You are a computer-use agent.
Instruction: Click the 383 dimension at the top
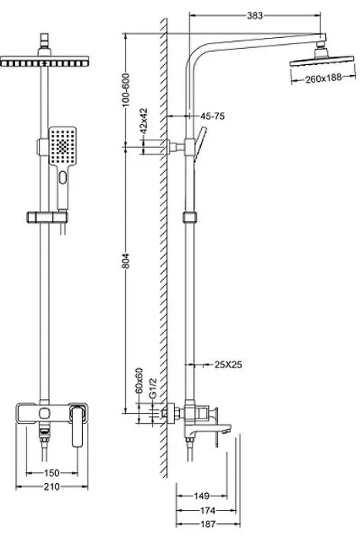[x=254, y=15]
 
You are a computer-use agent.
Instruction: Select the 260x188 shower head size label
[x=324, y=79]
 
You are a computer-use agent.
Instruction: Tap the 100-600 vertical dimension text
[x=126, y=90]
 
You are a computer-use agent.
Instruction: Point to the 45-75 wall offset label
[x=213, y=117]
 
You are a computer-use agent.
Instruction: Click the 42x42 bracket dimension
[x=144, y=121]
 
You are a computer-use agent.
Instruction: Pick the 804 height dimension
[x=126, y=261]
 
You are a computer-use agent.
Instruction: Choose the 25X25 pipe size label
[x=228, y=365]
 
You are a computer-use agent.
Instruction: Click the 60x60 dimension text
[x=139, y=381]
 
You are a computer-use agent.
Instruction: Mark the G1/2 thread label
[x=153, y=388]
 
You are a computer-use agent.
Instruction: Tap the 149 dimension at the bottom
[x=202, y=496]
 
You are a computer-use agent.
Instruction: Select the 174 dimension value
[x=208, y=511]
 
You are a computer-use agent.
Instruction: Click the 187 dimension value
[x=208, y=524]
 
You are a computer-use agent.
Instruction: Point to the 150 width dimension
[x=52, y=473]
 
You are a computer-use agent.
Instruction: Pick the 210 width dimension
[x=52, y=486]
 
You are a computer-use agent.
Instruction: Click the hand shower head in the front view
[x=63, y=146]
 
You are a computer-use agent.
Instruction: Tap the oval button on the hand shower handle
[x=63, y=177]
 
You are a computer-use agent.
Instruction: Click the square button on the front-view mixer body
[x=44, y=413]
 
